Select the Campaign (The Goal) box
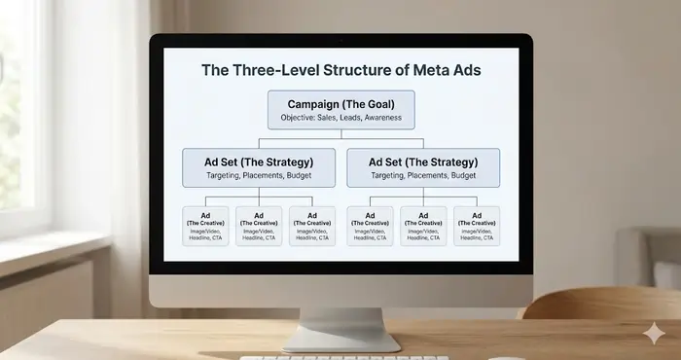click(x=340, y=109)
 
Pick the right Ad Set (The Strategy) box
click(x=423, y=167)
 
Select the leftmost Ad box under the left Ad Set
click(x=205, y=226)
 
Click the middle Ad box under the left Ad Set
click(x=259, y=226)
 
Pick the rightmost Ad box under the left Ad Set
click(x=311, y=226)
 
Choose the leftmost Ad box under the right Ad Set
click(x=371, y=226)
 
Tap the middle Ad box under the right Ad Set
click(x=423, y=226)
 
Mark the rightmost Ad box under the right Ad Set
click(x=477, y=226)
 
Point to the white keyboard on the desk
click(x=321, y=357)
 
